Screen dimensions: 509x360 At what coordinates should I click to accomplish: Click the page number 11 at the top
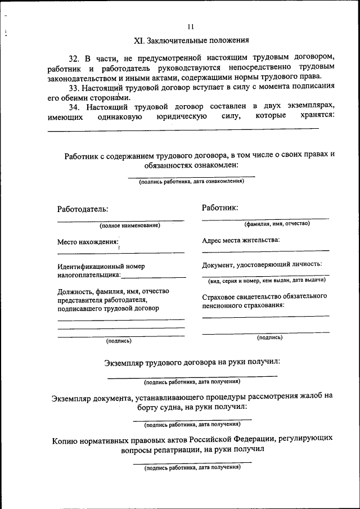pos(191,26)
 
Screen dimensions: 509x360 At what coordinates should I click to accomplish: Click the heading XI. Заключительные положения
pos(191,41)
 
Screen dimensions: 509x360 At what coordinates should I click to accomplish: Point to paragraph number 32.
pos(74,58)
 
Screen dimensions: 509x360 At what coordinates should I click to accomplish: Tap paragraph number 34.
pos(74,106)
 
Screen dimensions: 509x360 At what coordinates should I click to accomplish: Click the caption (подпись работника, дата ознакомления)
pos(191,182)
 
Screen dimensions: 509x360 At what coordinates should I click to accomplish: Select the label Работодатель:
pos(82,209)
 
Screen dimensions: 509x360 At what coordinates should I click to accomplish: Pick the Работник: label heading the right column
pos(220,208)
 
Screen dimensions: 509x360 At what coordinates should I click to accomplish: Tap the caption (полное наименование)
pos(130,226)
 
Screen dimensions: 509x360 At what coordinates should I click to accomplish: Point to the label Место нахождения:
pos(88,242)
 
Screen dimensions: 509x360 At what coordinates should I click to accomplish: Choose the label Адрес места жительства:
pos(241,240)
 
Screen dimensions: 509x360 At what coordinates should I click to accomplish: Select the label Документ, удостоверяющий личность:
pos(262,264)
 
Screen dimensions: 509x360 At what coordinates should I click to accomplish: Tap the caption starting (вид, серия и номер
pos(266,280)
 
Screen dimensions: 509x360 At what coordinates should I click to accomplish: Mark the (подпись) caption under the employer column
pos(119,340)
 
